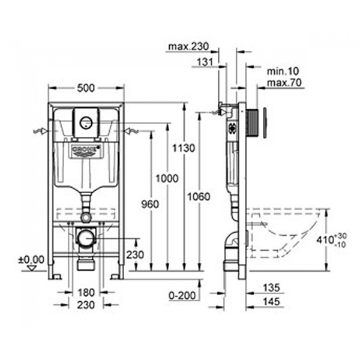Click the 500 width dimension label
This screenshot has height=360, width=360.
pyautogui.click(x=86, y=88)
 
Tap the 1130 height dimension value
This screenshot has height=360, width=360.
pyautogui.click(x=184, y=148)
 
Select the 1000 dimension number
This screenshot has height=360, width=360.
pyautogui.click(x=167, y=178)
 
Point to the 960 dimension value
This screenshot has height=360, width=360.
pyautogui.click(x=150, y=204)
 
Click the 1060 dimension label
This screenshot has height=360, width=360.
pyautogui.click(x=199, y=197)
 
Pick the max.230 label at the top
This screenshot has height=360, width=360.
pyautogui.click(x=188, y=47)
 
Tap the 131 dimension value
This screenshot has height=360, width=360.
pyautogui.click(x=205, y=62)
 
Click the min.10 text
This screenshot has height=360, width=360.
pyautogui.click(x=283, y=71)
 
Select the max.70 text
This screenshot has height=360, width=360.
pyautogui.click(x=284, y=82)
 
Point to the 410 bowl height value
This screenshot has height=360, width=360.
pyautogui.click(x=326, y=240)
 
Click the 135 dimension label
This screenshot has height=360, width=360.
pyautogui.click(x=272, y=288)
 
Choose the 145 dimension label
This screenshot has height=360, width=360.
pyautogui.click(x=272, y=301)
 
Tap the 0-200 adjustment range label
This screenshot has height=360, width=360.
pyautogui.click(x=182, y=295)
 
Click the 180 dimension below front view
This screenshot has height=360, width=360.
pyautogui.click(x=86, y=293)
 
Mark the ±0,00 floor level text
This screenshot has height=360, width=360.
pyautogui.click(x=31, y=260)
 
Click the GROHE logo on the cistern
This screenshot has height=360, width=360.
pyautogui.click(x=86, y=151)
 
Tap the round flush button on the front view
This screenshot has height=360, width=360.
pyautogui.click(x=86, y=122)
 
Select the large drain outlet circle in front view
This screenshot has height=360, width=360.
pyautogui.click(x=86, y=239)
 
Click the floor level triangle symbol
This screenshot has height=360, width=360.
pyautogui.click(x=32, y=268)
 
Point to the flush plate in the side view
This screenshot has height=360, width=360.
pyautogui.click(x=265, y=123)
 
